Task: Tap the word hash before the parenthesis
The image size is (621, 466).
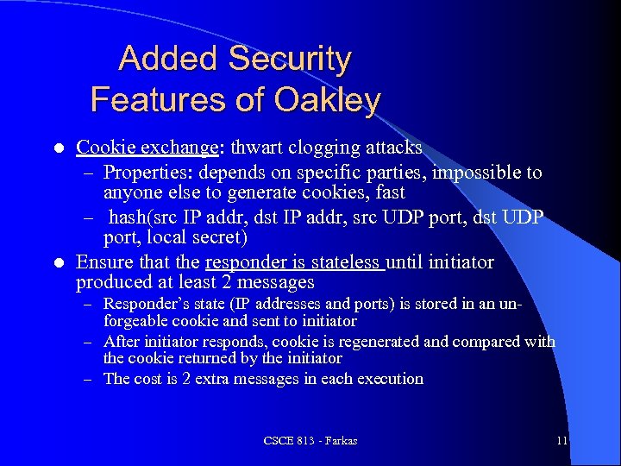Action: [x=128, y=217]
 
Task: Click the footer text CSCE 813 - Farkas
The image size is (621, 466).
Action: [x=310, y=441]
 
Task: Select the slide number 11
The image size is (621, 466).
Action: [x=562, y=441]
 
